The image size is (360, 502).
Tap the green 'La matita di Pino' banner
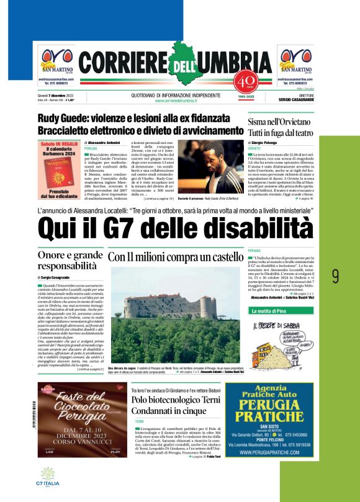pos(277,310)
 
